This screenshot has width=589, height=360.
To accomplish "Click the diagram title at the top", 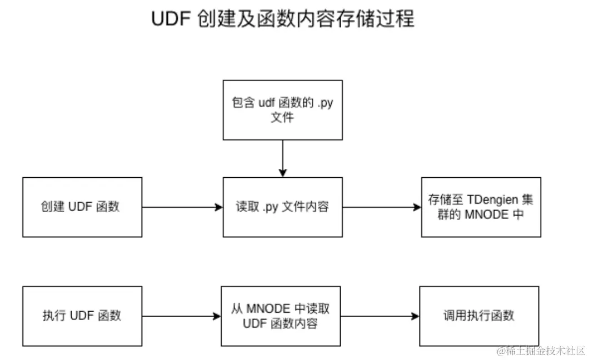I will (x=283, y=19).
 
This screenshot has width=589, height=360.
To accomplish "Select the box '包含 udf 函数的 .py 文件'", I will (x=282, y=110).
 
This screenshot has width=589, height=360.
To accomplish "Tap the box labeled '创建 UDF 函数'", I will (x=82, y=207).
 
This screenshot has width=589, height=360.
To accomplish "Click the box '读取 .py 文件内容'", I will (x=282, y=207).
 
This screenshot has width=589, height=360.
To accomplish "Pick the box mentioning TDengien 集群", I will (x=481, y=207).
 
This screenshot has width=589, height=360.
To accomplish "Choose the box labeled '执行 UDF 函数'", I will (x=82, y=316).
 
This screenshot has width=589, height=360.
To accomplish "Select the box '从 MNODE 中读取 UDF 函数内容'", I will (x=281, y=316).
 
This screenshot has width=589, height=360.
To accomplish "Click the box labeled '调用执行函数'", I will (x=479, y=316).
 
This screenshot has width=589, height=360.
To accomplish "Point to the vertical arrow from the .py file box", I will (x=283, y=158).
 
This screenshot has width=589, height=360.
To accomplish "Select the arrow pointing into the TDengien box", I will (x=382, y=207).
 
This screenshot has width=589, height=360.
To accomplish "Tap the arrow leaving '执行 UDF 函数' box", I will (x=181, y=317).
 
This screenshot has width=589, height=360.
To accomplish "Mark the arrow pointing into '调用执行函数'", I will (x=380, y=317).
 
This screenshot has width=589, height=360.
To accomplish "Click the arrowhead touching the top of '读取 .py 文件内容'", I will (x=283, y=173).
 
